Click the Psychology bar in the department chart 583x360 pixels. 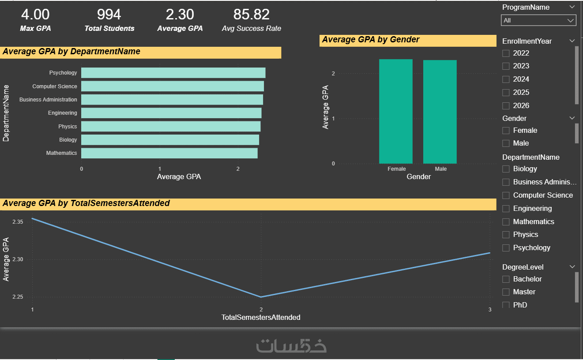(173, 73)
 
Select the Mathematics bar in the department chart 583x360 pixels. (169, 153)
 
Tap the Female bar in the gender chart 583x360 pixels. (395, 111)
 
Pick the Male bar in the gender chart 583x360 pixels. (440, 112)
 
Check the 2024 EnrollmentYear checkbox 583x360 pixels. (506, 79)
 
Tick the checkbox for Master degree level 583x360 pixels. (506, 292)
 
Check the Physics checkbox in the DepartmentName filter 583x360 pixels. (506, 235)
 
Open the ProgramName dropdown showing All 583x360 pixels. (538, 20)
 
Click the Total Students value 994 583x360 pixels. (109, 15)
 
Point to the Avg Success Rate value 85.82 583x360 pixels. (251, 15)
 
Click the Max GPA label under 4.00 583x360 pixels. (35, 28)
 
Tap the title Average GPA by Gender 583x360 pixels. (371, 40)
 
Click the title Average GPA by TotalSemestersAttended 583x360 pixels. (86, 203)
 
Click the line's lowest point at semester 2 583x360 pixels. (261, 297)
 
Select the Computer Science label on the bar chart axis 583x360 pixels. (55, 86)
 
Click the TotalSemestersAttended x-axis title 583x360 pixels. (260, 317)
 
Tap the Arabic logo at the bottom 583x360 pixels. (291, 345)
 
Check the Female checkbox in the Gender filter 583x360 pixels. (506, 131)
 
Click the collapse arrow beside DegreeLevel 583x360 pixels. (572, 267)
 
